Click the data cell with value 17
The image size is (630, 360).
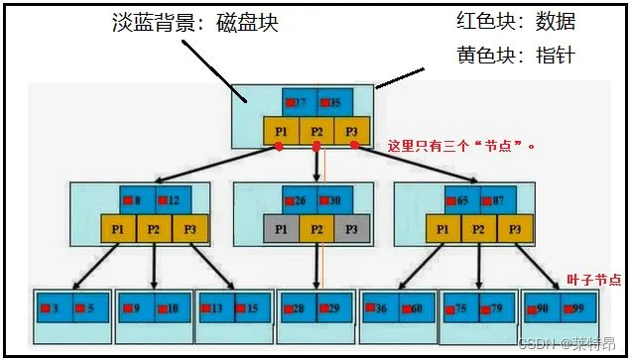pyautogui.click(x=299, y=102)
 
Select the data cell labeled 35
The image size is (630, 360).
pyautogui.click(x=334, y=102)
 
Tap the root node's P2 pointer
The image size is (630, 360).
pyautogui.click(x=316, y=130)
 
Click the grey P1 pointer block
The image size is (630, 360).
pyautogui.click(x=280, y=228)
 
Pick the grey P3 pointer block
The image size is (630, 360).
pyautogui.click(x=351, y=228)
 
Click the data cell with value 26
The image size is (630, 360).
pyautogui.click(x=298, y=200)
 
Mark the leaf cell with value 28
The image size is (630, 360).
pyautogui.click(x=297, y=308)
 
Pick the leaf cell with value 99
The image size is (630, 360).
pyautogui.click(x=576, y=308)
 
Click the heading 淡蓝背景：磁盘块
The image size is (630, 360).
pyautogui.click(x=194, y=23)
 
